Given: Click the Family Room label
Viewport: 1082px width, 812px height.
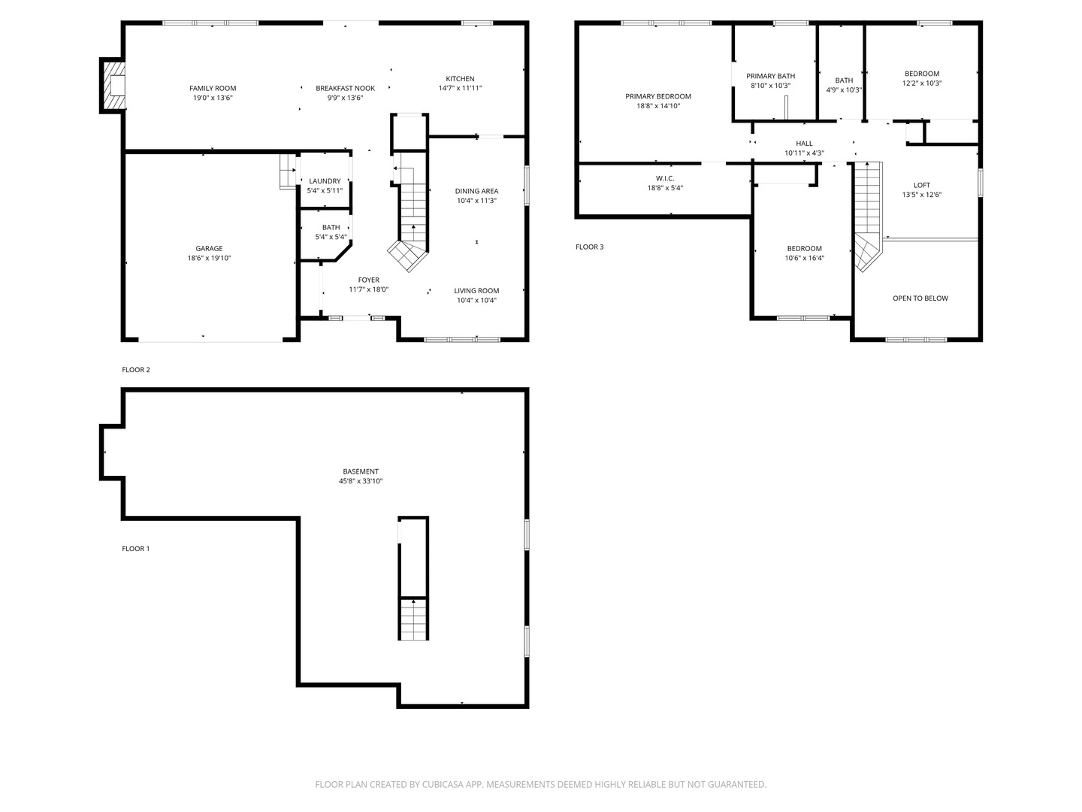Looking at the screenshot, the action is pos(213,88).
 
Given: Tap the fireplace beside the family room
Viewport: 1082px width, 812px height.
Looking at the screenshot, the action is pos(113,86).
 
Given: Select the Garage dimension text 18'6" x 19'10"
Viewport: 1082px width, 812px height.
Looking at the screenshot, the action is pos(209,258).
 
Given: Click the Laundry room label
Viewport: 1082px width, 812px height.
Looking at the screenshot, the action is pos(325,181).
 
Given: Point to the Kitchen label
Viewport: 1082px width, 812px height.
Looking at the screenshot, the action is pos(460,79).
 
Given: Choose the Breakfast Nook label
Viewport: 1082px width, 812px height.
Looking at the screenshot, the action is pos(345,88).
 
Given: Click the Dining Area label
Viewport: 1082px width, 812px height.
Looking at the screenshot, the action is pos(476,191).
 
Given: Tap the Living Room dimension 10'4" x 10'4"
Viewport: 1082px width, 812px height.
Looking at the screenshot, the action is pos(476,300).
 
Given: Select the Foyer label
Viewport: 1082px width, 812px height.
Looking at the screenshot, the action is pos(369,280).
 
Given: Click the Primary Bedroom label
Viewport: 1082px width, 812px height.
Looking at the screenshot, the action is pos(658,97).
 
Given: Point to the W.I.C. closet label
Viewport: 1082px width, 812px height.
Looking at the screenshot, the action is pos(665,178).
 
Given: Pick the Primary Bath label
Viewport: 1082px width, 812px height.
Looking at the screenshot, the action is pos(770,76).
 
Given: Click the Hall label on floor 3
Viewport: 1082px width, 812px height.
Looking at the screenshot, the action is pos(804,144).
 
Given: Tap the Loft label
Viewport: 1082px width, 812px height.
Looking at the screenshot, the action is pos(921,186).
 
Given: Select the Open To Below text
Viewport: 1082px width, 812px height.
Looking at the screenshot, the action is pos(920,298).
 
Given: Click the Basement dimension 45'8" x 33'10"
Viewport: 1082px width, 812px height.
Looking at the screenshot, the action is pos(361,481).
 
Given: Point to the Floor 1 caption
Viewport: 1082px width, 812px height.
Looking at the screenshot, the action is pos(135,549).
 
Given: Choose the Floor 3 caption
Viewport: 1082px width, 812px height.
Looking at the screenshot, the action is pos(590,247).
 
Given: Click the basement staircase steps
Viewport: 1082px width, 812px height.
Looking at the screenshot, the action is pos(413,620).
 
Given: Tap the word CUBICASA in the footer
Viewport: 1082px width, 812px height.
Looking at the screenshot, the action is pos(443,784).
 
